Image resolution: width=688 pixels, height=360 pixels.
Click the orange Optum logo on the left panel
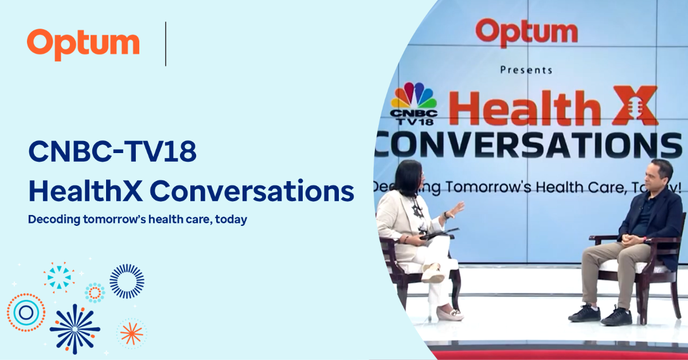point(83,44)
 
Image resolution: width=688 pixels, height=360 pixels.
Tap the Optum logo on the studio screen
point(526,33)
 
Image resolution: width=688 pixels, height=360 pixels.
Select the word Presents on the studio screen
point(526,69)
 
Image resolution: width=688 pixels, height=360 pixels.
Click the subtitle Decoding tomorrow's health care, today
point(138,220)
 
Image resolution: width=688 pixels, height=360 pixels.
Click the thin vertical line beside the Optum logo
point(166,44)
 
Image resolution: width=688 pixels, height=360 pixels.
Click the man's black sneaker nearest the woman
point(584,313)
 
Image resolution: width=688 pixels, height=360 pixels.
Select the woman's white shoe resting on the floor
point(449,314)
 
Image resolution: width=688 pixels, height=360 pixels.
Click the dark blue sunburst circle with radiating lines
point(127,281)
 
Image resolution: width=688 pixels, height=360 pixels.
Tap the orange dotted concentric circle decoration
point(26,312)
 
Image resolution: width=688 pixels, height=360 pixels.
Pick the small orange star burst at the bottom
point(131,333)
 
